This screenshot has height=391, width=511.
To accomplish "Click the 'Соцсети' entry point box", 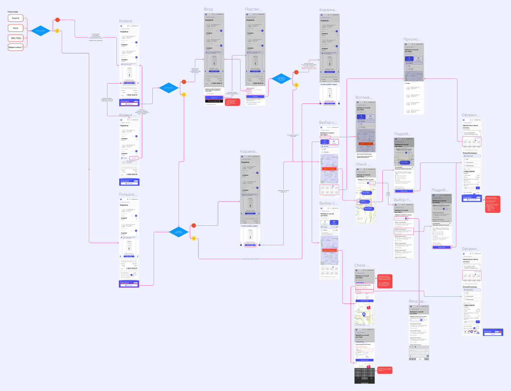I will (16, 18).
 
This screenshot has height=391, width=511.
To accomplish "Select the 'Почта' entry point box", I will (16, 28).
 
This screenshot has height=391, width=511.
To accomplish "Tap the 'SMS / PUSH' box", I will (16, 38).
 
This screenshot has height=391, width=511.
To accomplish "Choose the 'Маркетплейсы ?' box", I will (16, 47).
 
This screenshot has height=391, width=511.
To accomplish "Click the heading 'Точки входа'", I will (13, 12).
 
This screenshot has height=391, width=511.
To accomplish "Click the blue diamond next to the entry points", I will (40, 31).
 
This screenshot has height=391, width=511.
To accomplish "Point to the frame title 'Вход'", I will (208, 9).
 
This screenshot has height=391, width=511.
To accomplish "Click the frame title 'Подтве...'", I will (253, 9).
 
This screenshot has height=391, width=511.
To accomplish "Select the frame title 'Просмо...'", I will (412, 40).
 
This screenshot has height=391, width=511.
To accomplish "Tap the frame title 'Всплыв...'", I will (364, 97).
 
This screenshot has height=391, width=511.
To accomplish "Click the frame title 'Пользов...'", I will (128, 194).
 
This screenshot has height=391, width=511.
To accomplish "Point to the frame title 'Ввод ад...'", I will (418, 301).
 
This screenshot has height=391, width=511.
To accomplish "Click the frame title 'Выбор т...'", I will (403, 200).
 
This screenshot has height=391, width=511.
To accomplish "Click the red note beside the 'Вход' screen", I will (232, 102).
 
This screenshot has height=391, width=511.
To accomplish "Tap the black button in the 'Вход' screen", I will (214, 101).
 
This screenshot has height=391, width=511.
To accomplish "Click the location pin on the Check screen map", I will (364, 314).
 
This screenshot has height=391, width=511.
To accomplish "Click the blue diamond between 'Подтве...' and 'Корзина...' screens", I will (281, 78).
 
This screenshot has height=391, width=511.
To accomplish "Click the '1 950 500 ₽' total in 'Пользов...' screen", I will (132, 268).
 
